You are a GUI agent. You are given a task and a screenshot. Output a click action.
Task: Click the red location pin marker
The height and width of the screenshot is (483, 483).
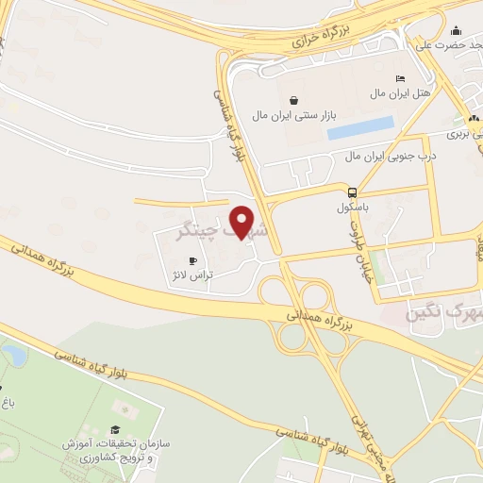coord(242,222)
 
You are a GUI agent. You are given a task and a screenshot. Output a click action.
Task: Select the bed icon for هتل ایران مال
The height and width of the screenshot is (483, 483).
coord(400,79)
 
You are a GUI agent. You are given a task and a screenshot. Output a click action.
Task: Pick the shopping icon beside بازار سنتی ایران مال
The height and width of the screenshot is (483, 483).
coord(293,100)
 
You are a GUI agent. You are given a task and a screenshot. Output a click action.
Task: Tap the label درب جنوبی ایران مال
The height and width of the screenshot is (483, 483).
coord(389,155)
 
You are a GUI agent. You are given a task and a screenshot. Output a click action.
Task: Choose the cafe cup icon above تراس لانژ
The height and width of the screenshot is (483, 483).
coord(193,260)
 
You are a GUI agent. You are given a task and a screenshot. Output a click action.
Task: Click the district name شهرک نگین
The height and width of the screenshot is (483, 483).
coord(443,312)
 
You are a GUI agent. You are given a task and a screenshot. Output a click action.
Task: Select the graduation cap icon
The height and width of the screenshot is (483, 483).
coord(115,429)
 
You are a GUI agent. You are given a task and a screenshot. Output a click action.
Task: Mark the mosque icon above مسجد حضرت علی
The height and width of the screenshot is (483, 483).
coord(457,30)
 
